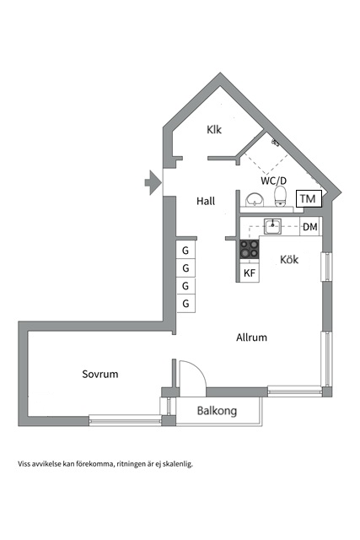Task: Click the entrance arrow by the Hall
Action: click(x=153, y=182)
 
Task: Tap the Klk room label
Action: click(x=214, y=130)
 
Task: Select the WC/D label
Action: click(x=274, y=181)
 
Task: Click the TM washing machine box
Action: click(x=309, y=199)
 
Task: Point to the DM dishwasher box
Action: click(x=310, y=227)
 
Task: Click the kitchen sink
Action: click(x=272, y=227)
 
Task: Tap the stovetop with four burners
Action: click(x=250, y=249)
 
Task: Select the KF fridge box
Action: click(x=250, y=273)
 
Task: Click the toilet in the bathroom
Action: click(x=281, y=197)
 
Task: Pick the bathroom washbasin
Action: click(x=255, y=200)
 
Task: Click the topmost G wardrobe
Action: click(x=185, y=250)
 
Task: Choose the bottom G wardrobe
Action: click(x=185, y=304)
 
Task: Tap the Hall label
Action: click(x=206, y=201)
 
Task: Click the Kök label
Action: click(x=289, y=259)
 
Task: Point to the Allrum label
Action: click(x=251, y=337)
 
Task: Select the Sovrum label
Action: click(x=100, y=374)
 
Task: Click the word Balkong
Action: click(x=217, y=411)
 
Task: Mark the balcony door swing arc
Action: click(x=197, y=368)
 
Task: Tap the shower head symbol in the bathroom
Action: click(x=275, y=142)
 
